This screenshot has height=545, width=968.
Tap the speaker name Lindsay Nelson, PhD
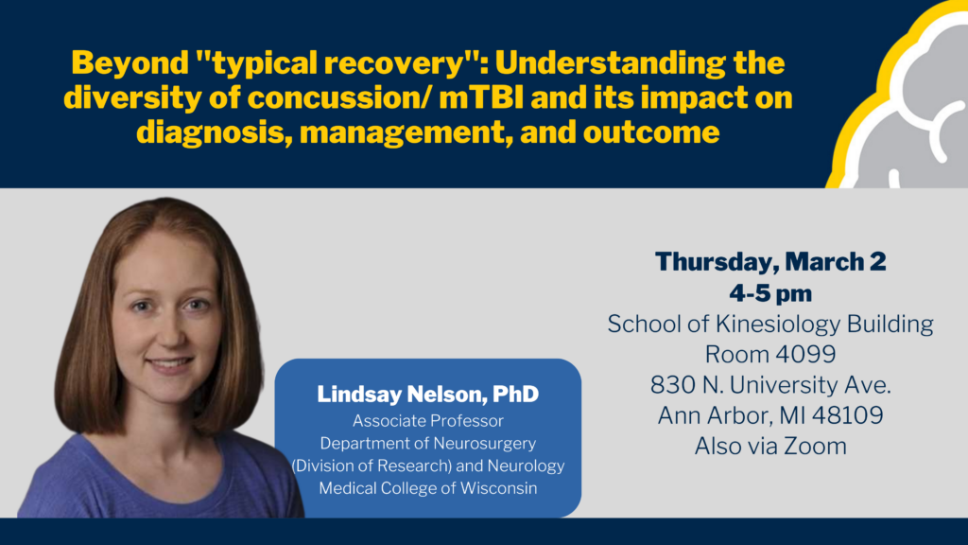[428, 395]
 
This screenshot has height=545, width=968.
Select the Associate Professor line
[428, 421]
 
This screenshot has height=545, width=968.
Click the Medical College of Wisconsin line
[428, 488]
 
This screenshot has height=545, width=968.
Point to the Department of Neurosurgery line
[428, 444]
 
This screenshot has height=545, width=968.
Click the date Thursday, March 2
[770, 262]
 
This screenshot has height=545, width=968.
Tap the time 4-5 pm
[770, 293]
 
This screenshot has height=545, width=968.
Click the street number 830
[670, 385]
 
